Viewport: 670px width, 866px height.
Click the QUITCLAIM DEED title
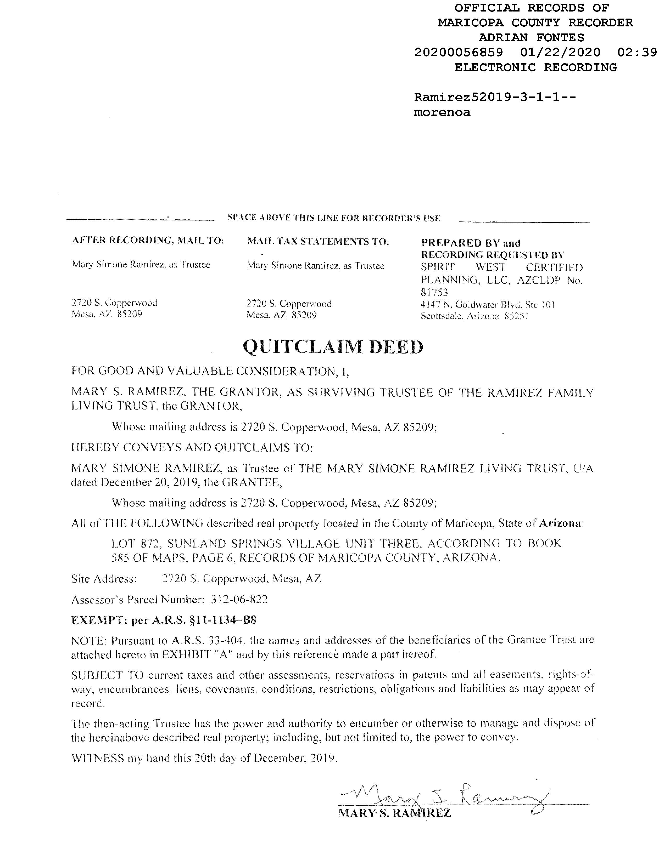click(x=333, y=347)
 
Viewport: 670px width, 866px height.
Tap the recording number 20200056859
click(x=459, y=52)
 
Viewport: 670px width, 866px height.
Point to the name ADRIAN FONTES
click(x=531, y=38)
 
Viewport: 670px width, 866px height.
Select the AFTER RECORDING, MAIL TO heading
click(x=148, y=240)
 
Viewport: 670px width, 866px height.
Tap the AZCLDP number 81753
click(x=434, y=293)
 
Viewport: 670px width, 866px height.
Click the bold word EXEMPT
click(x=99, y=620)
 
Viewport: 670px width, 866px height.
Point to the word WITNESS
click(x=97, y=759)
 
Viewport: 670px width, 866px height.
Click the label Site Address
click(x=104, y=579)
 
